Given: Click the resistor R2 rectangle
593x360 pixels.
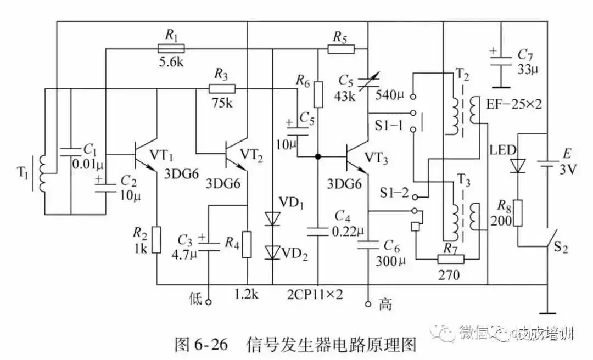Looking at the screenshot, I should [x=157, y=239].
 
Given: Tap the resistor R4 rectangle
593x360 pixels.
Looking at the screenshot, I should [x=247, y=245].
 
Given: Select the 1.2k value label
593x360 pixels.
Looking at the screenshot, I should [x=247, y=295].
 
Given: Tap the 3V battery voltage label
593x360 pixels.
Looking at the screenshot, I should [x=569, y=170].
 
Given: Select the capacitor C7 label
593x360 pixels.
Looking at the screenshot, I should [x=525, y=56].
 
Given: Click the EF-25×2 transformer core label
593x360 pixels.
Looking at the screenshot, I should [x=514, y=104].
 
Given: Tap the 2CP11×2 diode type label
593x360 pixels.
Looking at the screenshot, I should [x=315, y=295].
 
